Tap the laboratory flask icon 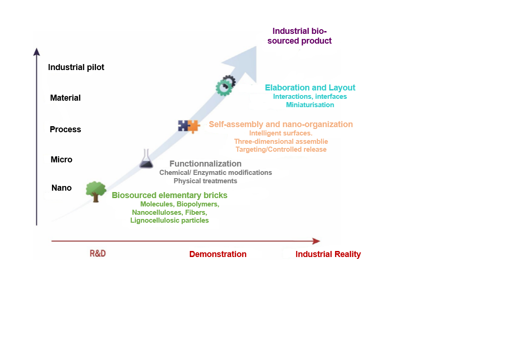[147, 159]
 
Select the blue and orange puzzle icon [188, 126]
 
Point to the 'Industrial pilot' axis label [76, 67]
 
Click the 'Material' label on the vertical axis [65, 98]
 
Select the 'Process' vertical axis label [65, 129]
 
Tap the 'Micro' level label [62, 160]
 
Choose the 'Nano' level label [62, 188]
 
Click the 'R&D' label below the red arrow [97, 254]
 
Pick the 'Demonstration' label [218, 254]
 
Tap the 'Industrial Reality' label [328, 254]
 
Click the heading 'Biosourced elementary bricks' [169, 195]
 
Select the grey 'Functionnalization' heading [205, 164]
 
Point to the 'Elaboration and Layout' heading [310, 88]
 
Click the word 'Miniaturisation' [310, 105]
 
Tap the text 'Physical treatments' [205, 181]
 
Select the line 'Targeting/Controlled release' [281, 149]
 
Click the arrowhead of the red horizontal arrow [316, 241]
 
